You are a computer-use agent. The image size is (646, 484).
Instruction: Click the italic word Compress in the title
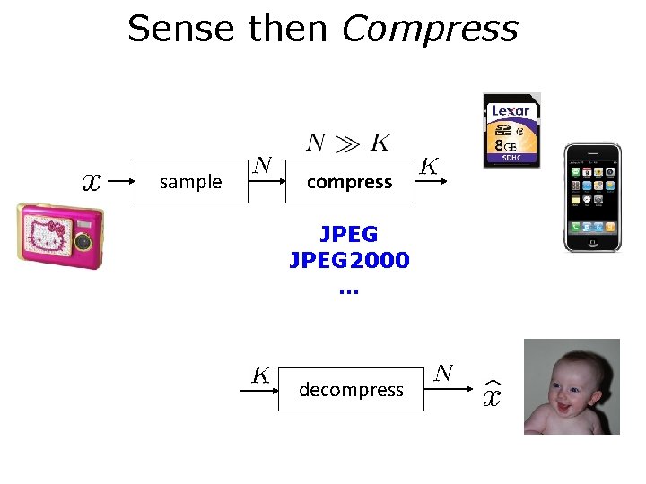coord(430,29)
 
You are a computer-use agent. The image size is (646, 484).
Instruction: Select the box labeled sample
coord(190,182)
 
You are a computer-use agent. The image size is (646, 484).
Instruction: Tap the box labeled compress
coord(349,182)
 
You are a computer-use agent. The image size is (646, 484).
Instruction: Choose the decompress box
coord(351,390)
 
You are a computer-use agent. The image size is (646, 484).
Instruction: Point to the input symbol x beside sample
coord(92,182)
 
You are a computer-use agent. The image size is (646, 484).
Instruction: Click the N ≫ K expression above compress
coord(348,143)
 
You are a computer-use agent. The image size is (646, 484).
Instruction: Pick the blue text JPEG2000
coord(349,261)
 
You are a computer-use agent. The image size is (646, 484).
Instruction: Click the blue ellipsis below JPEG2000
coord(348,289)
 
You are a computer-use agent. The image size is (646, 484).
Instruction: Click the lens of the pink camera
coord(83,241)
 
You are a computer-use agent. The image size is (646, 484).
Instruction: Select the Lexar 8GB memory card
coord(511,131)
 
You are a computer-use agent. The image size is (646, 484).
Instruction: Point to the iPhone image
coord(591,197)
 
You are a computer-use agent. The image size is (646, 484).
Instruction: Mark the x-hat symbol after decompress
coord(492,392)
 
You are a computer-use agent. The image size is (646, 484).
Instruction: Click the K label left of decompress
coord(261,375)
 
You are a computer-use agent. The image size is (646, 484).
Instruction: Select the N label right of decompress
coord(443,373)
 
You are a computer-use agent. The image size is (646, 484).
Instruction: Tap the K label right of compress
coord(429,167)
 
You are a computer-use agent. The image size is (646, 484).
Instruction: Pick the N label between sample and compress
coord(262,165)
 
